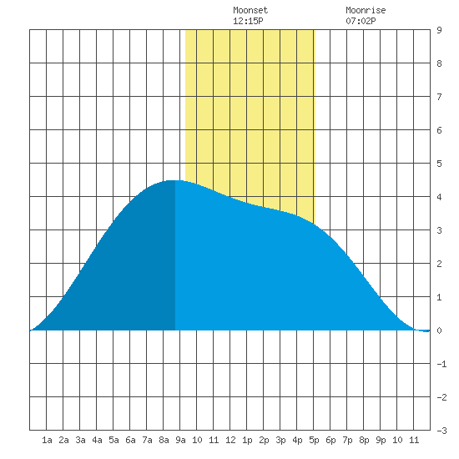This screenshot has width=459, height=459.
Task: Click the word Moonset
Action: (x=250, y=10)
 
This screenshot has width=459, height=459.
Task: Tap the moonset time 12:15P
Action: (x=248, y=21)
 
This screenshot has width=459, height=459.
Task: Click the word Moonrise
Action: (x=366, y=10)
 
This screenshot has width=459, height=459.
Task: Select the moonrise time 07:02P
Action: (x=361, y=21)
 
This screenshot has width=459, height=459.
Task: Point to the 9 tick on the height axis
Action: (x=439, y=30)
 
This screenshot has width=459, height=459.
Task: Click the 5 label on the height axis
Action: (x=439, y=164)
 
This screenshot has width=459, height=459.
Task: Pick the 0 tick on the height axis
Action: (x=439, y=330)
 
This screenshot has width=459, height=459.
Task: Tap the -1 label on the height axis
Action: (x=441, y=364)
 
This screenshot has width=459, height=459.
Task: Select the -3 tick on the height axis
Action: (x=441, y=431)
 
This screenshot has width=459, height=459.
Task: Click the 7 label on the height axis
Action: (x=439, y=97)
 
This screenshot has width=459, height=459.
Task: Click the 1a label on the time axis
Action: (x=47, y=440)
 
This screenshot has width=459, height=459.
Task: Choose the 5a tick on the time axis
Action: (x=113, y=440)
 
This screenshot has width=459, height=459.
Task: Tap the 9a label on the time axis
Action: (x=180, y=440)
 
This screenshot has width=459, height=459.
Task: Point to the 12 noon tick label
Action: (x=230, y=440)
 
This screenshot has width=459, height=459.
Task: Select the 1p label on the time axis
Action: (x=247, y=440)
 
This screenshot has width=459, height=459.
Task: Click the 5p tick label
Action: (x=314, y=440)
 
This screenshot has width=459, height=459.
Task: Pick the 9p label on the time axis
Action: (x=381, y=440)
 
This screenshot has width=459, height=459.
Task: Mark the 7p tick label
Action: (x=347, y=440)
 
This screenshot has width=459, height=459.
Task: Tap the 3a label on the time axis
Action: (x=80, y=440)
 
